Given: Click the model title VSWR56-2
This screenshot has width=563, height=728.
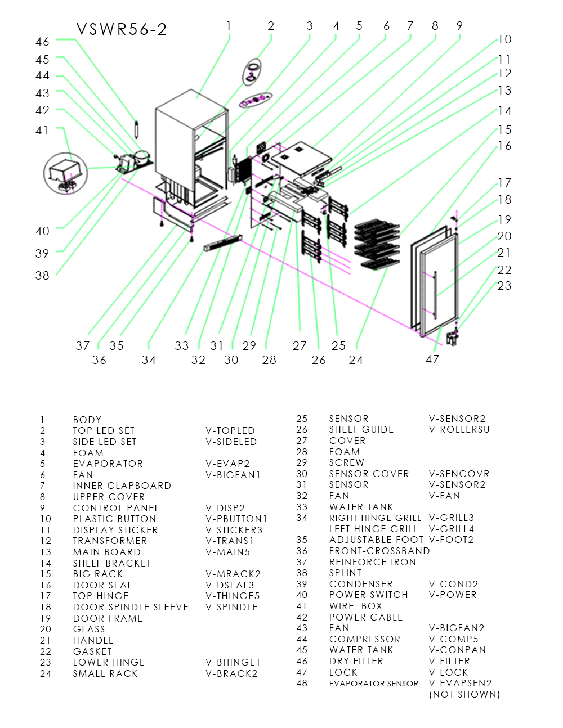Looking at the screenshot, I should coord(122,29).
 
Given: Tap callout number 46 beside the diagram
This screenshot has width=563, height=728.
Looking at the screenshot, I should coord(42,42).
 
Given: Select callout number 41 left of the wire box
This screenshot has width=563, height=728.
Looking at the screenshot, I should coord(42,131).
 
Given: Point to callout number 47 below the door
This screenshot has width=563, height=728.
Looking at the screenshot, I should coord(432,359).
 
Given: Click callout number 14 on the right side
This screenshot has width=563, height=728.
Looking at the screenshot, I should coord(504,111).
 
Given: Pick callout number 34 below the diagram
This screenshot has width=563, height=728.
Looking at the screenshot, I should coord(149,359).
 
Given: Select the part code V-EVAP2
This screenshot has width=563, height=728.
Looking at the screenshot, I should coord(227,464).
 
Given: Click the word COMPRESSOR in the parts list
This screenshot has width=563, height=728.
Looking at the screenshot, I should coord(365,639).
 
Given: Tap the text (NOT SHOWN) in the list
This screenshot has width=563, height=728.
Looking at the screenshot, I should coord(464,694).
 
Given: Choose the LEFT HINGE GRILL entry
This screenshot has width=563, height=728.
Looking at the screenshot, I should coord(374,529).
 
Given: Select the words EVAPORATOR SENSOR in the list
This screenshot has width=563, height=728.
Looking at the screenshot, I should coord(374,684).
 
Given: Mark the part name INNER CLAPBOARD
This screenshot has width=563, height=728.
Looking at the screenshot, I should coord(122,486).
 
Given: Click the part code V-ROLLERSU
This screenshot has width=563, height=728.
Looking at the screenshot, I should coord(459,429).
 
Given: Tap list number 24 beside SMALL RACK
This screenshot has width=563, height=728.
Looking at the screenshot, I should coord(46,673).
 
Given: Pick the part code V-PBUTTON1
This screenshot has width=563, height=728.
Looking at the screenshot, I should coord(236,519).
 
